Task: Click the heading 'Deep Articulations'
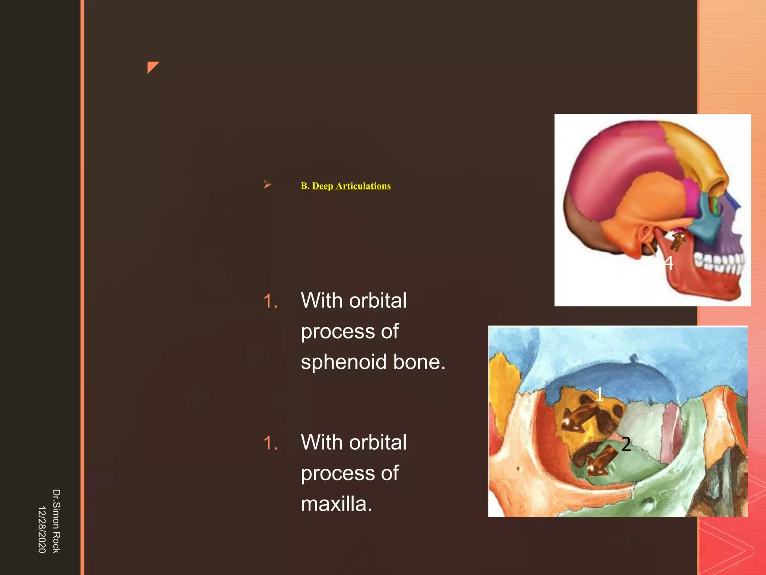351,186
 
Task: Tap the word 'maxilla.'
336,504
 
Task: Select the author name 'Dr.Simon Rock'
56,521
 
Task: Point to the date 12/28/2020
42,529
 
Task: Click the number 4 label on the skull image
669,263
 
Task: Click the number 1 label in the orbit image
599,394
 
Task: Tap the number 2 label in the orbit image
626,444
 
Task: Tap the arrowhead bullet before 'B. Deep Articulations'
267,185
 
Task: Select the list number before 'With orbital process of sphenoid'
270,301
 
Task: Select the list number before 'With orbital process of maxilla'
270,443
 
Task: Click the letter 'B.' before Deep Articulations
305,186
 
